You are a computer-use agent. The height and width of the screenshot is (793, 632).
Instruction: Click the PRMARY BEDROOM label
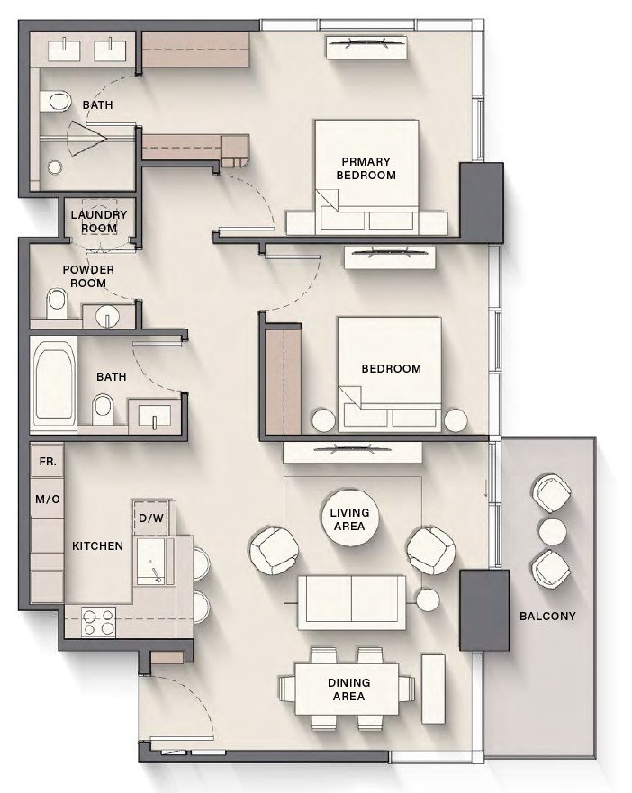coord(366,168)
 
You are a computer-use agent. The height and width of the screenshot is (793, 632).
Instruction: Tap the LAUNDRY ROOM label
coord(99,221)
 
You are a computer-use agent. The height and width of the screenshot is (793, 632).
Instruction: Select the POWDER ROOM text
coord(84,275)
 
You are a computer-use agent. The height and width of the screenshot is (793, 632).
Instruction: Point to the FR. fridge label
coord(47,461)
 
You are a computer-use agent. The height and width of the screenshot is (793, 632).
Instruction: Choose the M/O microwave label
coord(47,498)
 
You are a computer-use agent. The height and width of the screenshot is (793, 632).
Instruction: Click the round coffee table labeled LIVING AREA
coord(348,519)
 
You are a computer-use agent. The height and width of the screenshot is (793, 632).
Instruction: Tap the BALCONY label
coord(546,617)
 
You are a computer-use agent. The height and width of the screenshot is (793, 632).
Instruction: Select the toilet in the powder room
coord(58,300)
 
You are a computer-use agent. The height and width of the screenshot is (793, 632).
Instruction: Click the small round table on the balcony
coord(550,530)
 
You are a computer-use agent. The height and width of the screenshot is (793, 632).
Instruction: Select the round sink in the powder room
coord(109,317)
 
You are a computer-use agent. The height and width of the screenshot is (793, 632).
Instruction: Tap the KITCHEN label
coord(97,546)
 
